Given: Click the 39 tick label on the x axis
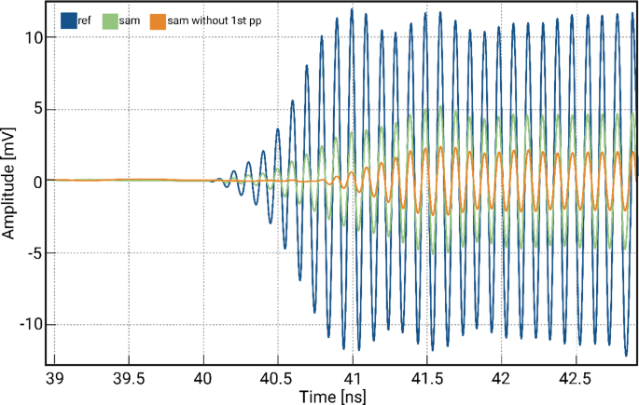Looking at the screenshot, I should pyautogui.click(x=55, y=378).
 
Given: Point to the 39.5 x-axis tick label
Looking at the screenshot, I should pyautogui.click(x=129, y=378).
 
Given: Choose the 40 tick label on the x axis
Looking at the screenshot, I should pyautogui.click(x=203, y=378).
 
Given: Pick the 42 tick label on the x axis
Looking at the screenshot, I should pyautogui.click(x=502, y=378).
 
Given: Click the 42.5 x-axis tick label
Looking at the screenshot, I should pyautogui.click(x=576, y=378).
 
